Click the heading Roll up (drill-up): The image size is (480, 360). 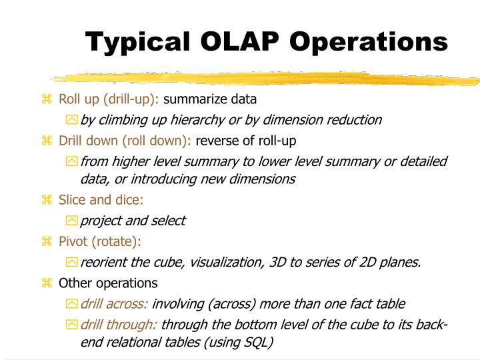109,100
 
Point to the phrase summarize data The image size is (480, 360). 210,100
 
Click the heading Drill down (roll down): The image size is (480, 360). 125,141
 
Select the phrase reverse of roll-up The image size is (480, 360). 246,141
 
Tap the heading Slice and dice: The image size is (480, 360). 101,200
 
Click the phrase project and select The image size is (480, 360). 133,221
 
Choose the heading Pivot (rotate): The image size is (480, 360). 100,241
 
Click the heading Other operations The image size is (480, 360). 108,283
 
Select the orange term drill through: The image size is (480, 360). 119,325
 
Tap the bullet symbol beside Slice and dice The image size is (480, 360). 46,201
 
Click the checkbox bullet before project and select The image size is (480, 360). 71,221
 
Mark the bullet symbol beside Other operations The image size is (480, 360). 46,283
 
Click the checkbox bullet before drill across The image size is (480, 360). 71,304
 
